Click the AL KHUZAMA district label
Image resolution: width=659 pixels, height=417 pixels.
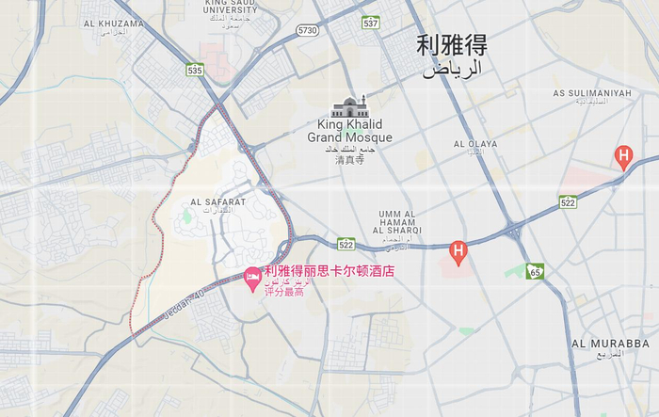113,23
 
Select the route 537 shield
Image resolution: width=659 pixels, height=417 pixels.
371,23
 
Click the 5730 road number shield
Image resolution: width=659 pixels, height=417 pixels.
307,30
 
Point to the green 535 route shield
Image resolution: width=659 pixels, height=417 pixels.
195,70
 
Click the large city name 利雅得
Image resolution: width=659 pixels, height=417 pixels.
452,45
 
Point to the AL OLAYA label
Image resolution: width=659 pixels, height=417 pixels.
474,144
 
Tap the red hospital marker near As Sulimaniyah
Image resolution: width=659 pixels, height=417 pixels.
622,155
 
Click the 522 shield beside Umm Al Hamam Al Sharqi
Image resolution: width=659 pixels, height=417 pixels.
346,244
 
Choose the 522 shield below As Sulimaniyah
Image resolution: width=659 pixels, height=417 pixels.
567,202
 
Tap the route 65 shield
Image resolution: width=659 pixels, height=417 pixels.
535,272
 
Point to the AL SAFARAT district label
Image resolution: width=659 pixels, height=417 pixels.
217,201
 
